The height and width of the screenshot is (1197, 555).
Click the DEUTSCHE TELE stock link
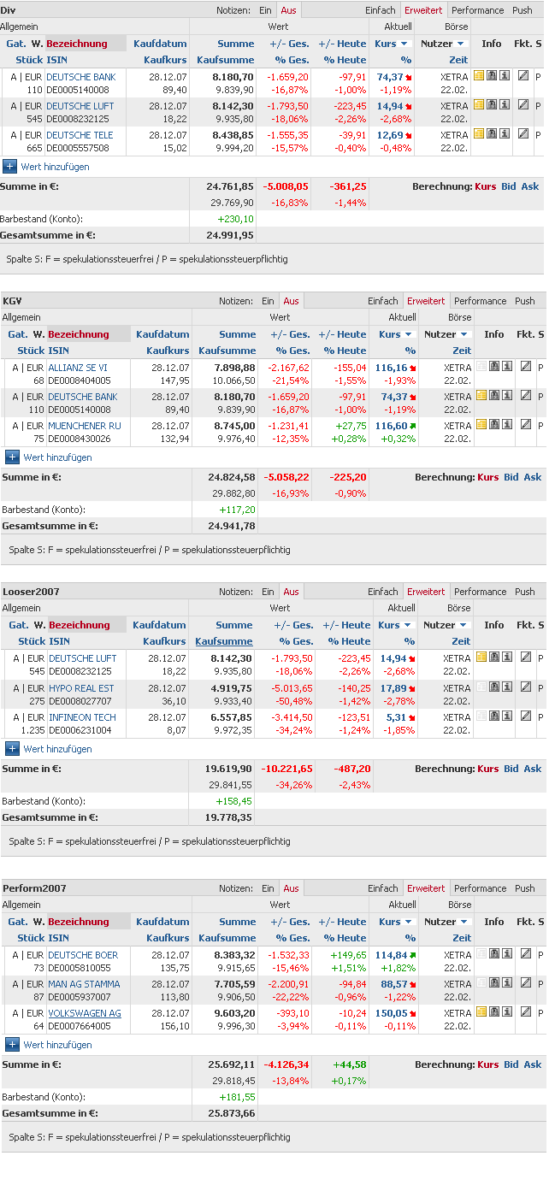coord(80,135)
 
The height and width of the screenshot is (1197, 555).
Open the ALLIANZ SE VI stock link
coord(78,368)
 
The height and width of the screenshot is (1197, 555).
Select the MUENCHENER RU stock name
coord(85,426)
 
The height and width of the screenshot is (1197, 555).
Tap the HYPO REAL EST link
coord(81,688)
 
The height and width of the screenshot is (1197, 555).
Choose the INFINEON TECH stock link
coord(82,717)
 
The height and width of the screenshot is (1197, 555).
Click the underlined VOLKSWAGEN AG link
coord(85,1013)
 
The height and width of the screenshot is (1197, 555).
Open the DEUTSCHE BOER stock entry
coord(83,955)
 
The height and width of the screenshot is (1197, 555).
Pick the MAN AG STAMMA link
coord(84,984)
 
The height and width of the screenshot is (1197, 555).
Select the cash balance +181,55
coord(237,1097)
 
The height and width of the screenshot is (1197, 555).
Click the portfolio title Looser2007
coord(31,592)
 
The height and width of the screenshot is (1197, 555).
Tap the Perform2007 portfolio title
coord(34,888)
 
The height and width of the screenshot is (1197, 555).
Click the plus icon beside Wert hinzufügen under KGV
coord(12,457)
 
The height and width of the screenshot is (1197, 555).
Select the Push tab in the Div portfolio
coord(522,10)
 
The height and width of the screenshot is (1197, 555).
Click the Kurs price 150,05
coord(391,1013)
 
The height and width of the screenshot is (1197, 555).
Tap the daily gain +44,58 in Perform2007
coord(348,1064)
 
